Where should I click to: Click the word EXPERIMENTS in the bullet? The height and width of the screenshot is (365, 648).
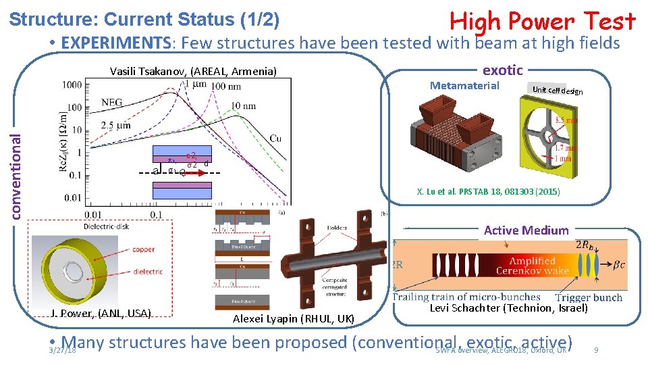coord(115,43)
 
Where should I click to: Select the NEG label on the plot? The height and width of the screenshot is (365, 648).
coord(113,103)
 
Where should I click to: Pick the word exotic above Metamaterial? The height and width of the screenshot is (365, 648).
coord(502,70)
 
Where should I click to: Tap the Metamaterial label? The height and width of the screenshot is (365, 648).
coord(464,85)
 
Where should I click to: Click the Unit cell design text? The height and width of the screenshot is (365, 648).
coord(557,91)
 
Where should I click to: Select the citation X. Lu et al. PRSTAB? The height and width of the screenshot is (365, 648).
coord(488,192)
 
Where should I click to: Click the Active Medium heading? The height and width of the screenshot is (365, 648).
coord(526,230)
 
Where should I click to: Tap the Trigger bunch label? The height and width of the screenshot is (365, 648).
coord(589,297)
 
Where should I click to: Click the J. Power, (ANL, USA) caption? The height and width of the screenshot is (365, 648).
coord(101,312)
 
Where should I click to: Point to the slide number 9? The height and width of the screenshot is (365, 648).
coord(595,350)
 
